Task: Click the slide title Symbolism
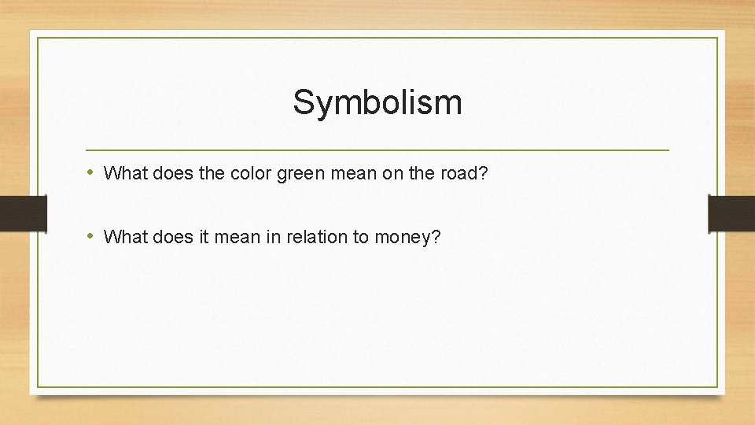point(377,102)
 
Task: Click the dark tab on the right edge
point(731,213)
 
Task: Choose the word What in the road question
point(121,172)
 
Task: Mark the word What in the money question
point(121,236)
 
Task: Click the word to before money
point(361,236)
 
